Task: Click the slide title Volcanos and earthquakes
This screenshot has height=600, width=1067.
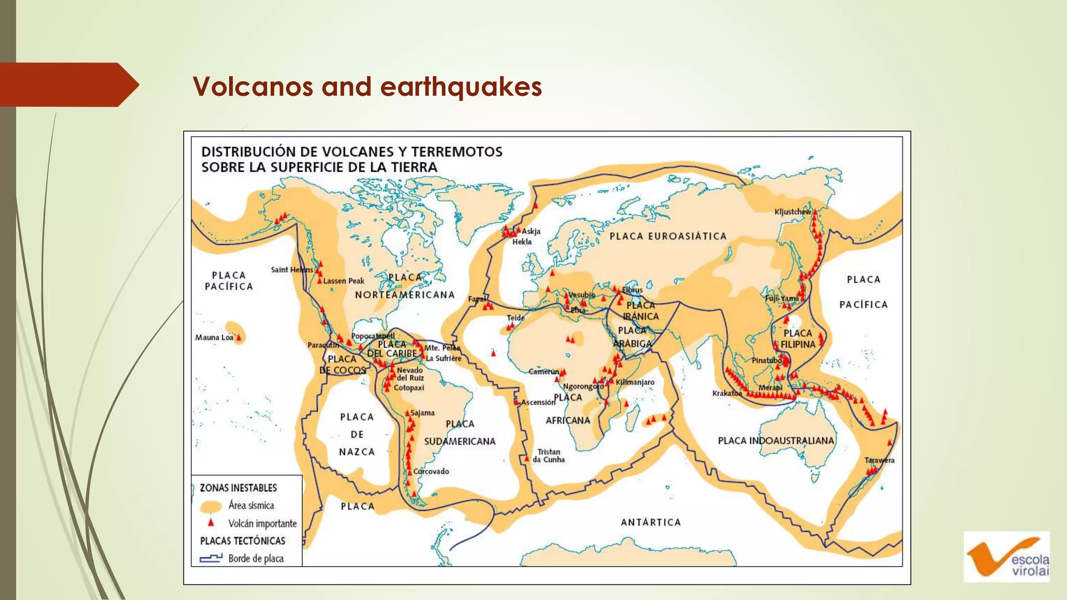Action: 367,86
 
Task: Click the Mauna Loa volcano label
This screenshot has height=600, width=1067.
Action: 214,337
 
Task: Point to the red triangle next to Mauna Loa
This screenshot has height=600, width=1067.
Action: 239,338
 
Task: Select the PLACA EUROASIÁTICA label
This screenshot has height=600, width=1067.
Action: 668,236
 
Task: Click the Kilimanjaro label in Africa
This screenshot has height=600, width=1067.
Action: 635,382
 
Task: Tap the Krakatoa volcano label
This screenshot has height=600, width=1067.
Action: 727,393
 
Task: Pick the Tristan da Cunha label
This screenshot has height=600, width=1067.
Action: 549,456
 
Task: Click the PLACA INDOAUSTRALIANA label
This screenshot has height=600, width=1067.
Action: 776,441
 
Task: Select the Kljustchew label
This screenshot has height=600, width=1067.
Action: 792,211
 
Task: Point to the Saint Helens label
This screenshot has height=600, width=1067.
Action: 292,270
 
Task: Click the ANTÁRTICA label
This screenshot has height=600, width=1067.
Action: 651,522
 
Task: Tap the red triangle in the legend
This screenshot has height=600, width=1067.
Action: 211,522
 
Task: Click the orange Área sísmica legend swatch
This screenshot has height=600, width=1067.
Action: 211,506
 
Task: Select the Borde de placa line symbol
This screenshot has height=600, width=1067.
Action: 210,558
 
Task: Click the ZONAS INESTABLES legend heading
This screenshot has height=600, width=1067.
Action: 238,488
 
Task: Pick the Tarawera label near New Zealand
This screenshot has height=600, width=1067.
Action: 879,460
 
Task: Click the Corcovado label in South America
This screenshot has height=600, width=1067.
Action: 431,471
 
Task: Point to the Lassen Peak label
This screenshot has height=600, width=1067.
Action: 343,281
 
